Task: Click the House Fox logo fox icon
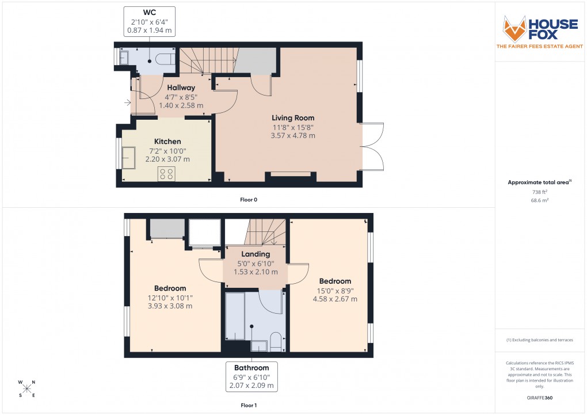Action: (514, 29)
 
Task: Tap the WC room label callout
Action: (150, 21)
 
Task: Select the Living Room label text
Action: (293, 118)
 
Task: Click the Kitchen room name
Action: (167, 142)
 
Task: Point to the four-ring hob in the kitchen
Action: (167, 173)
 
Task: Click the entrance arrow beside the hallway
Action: (127, 103)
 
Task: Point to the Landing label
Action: (256, 254)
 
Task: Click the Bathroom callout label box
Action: (252, 376)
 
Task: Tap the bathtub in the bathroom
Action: (235, 317)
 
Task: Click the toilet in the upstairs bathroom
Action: (276, 341)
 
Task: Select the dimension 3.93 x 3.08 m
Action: (170, 306)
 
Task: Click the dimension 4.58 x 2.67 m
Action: (335, 299)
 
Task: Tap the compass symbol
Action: (27, 389)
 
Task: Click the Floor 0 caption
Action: (249, 200)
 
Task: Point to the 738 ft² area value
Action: (539, 192)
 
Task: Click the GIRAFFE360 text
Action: (539, 397)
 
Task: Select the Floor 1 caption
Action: (249, 406)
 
